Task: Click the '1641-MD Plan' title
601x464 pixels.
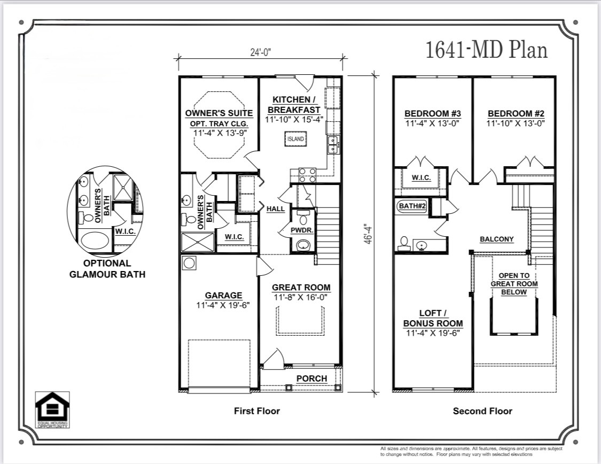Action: point(486,50)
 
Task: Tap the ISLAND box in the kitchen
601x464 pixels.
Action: point(295,139)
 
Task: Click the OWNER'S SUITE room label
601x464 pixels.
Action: point(219,113)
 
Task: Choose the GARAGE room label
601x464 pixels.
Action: point(223,296)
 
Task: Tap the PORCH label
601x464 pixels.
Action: point(311,378)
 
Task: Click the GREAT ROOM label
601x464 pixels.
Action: point(301,288)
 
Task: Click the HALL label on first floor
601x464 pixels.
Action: point(276,209)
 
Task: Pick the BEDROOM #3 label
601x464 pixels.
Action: point(432,113)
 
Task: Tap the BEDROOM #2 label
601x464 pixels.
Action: point(516,113)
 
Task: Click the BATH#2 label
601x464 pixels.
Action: point(411,206)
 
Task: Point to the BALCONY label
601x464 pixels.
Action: point(496,239)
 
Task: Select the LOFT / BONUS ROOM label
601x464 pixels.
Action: point(433,319)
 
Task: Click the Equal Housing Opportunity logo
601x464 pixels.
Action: point(52,411)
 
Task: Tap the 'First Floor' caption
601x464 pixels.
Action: point(256,411)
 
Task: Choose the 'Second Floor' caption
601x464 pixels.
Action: point(482,411)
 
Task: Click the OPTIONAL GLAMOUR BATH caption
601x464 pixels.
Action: point(107,268)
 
